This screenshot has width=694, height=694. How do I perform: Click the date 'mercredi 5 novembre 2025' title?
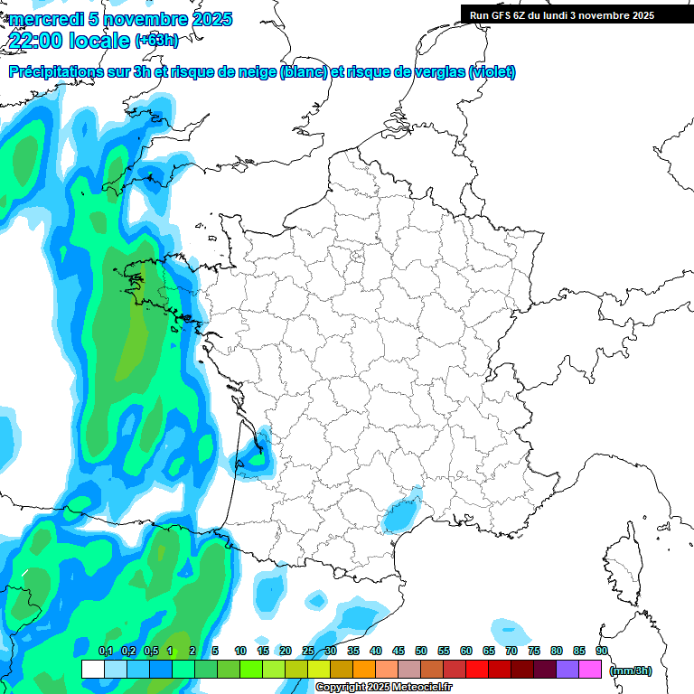point(120,19)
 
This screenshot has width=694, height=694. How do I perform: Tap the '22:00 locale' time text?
point(69,41)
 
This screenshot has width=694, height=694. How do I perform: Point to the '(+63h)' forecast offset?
point(156,41)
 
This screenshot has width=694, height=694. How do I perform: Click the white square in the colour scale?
point(92,670)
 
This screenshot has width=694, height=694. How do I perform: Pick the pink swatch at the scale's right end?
point(590,670)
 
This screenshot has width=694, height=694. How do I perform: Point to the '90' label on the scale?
point(602,651)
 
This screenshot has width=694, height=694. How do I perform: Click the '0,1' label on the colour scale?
point(106,651)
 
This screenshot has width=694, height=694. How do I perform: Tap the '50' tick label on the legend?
point(421,651)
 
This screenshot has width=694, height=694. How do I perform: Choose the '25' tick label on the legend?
point(308,651)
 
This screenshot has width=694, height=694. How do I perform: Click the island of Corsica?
point(622,569)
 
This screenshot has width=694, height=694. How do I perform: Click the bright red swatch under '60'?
point(477,670)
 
